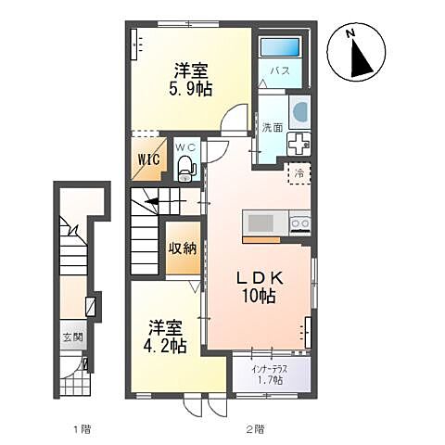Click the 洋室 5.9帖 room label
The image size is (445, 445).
point(190,80)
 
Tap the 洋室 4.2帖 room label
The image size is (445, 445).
point(165,337)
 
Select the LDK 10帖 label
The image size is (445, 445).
point(259,287)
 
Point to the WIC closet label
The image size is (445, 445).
point(149,159)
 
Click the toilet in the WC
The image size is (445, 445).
point(186,169)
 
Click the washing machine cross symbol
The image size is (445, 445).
point(299,144)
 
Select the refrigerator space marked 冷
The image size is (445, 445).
point(299,173)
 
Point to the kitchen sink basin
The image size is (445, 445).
point(261,223)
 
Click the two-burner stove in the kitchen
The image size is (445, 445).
point(300,223)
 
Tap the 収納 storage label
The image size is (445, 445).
point(183,248)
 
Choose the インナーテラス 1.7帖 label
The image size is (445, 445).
point(270,375)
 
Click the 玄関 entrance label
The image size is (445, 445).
point(73,337)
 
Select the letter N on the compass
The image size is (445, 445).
point(350,33)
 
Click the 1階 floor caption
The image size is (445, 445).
point(83,429)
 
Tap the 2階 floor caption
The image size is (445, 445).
point(256,429)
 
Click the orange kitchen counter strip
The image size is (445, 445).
point(261,240)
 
